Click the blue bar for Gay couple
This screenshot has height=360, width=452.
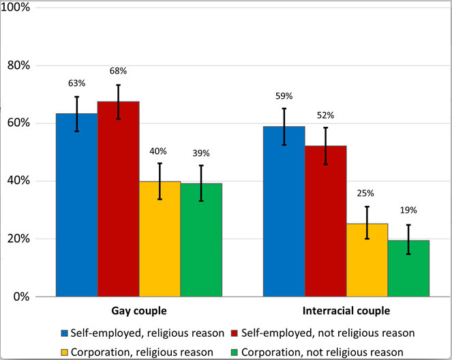tap(76, 205)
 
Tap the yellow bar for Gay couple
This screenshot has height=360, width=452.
tap(160, 239)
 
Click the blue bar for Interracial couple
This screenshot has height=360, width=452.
tap(284, 211)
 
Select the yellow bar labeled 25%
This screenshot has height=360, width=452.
tap(367, 260)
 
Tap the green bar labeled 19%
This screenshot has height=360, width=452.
tap(409, 269)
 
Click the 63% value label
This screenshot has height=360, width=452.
tap(76, 83)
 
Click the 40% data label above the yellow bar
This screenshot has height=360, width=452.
tap(159, 151)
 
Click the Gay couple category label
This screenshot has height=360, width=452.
tap(139, 311)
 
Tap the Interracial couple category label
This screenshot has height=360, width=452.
tap(347, 311)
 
